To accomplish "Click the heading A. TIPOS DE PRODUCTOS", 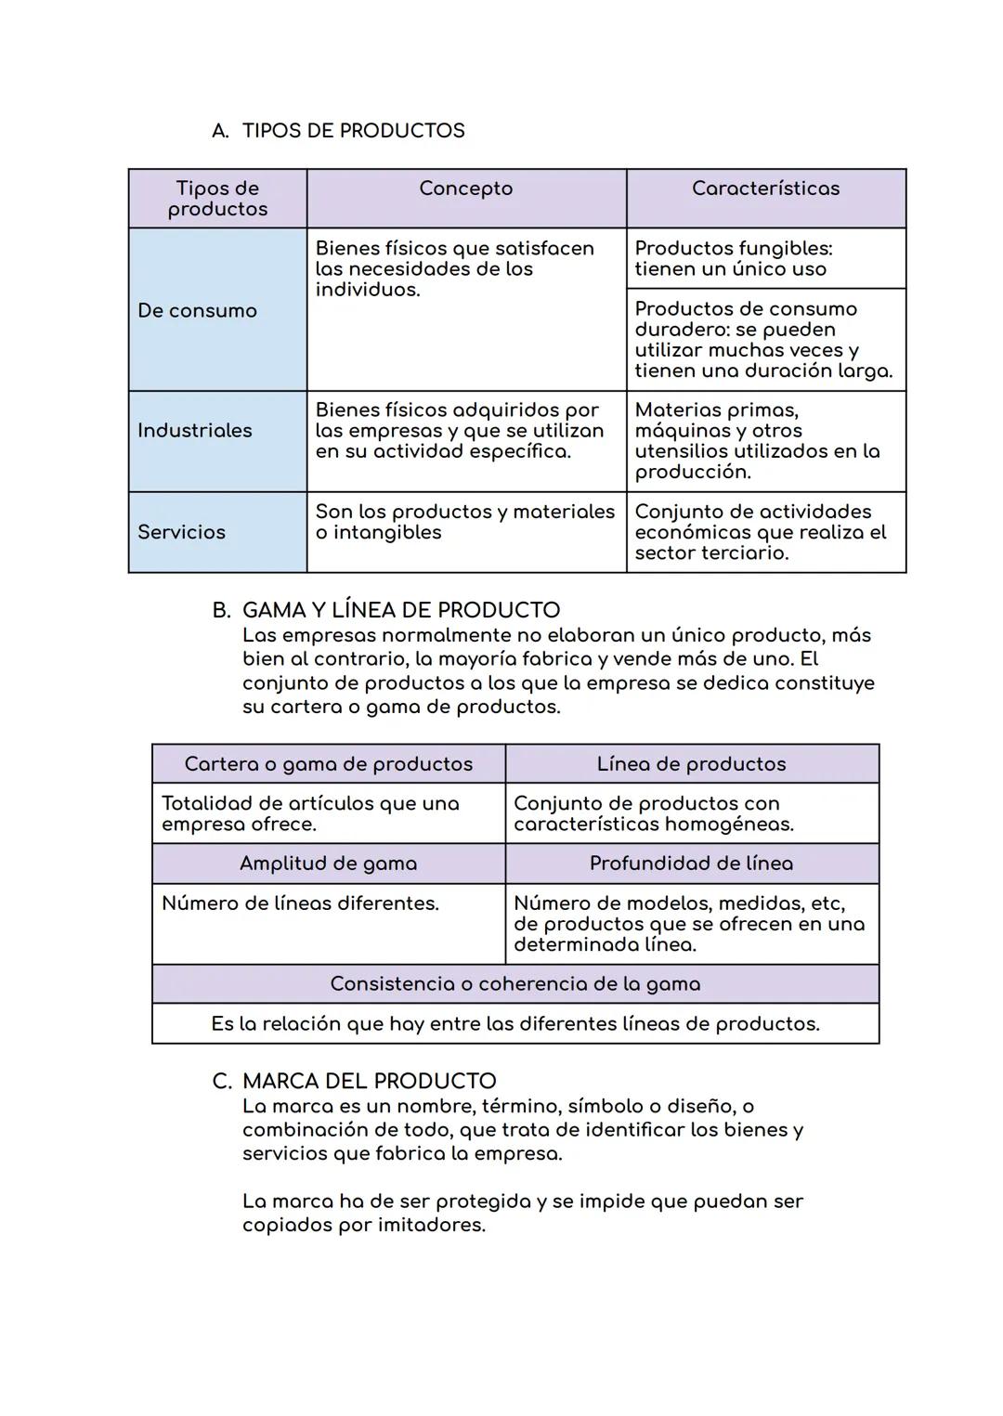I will click(338, 131).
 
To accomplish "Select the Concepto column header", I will click(465, 188).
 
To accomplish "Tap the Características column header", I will click(765, 188).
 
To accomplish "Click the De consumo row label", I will click(197, 311).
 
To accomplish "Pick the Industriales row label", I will click(195, 431).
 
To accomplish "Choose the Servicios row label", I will click(181, 532).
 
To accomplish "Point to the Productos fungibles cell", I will click(733, 259).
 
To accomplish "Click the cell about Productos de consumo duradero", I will click(763, 340).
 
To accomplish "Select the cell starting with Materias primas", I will click(757, 441).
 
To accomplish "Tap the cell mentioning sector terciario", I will click(760, 532).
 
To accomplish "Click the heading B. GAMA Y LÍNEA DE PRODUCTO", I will click(386, 610).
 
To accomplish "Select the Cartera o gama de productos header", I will click(328, 764).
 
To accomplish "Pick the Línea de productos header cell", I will click(691, 764).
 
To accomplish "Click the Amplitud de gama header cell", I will click(328, 864).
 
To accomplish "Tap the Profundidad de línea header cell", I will click(691, 864).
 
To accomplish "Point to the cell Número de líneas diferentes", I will click(300, 903).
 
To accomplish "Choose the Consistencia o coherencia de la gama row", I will click(515, 984).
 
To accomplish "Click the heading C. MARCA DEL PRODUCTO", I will click(355, 1082).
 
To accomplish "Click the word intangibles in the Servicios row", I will click(387, 533).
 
